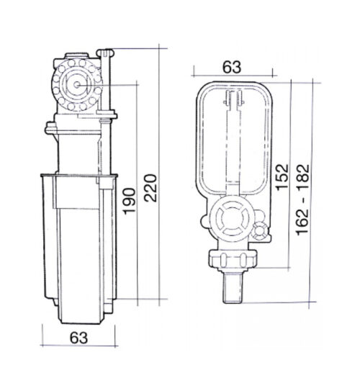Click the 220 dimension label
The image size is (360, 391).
[150, 188]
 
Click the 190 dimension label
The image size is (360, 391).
[130, 201]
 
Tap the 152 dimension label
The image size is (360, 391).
[282, 177]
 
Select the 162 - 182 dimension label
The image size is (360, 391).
[302, 199]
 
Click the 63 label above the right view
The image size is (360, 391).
[232, 67]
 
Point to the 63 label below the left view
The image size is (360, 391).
[78, 338]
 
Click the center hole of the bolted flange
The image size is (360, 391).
[77, 85]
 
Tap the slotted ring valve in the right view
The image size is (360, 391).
[232, 219]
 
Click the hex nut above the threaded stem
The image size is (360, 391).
[233, 260]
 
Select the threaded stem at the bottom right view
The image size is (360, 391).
[232, 287]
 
